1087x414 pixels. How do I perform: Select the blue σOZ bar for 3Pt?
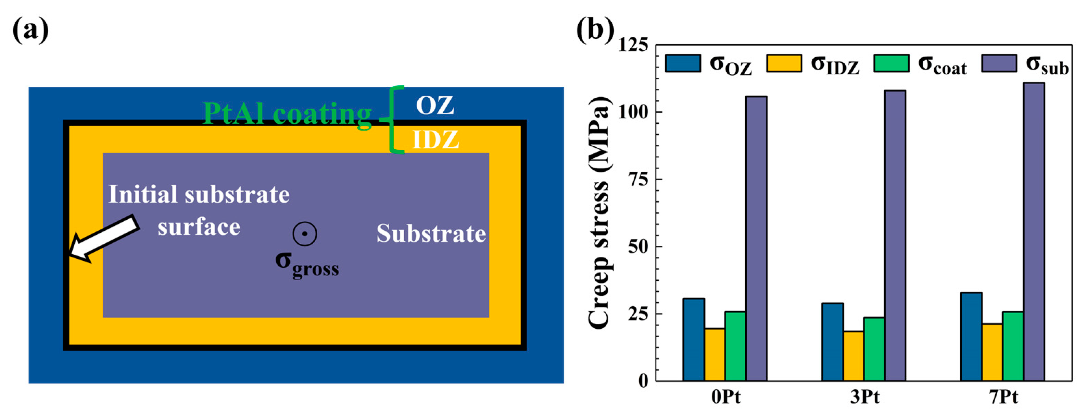click(832, 342)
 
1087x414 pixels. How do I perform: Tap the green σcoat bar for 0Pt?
click(735, 346)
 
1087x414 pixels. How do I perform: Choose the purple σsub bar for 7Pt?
click(1034, 232)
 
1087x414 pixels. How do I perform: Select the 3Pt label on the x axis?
click(864, 398)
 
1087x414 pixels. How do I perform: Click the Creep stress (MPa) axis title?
click(599, 212)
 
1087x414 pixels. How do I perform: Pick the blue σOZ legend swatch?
click(683, 63)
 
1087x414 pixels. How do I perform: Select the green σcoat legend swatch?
click(891, 63)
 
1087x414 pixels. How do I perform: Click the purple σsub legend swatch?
click(999, 63)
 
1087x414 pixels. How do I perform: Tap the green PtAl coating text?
click(287, 114)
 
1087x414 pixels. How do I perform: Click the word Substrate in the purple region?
click(431, 234)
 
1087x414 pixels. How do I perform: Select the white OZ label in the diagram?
click(435, 105)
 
